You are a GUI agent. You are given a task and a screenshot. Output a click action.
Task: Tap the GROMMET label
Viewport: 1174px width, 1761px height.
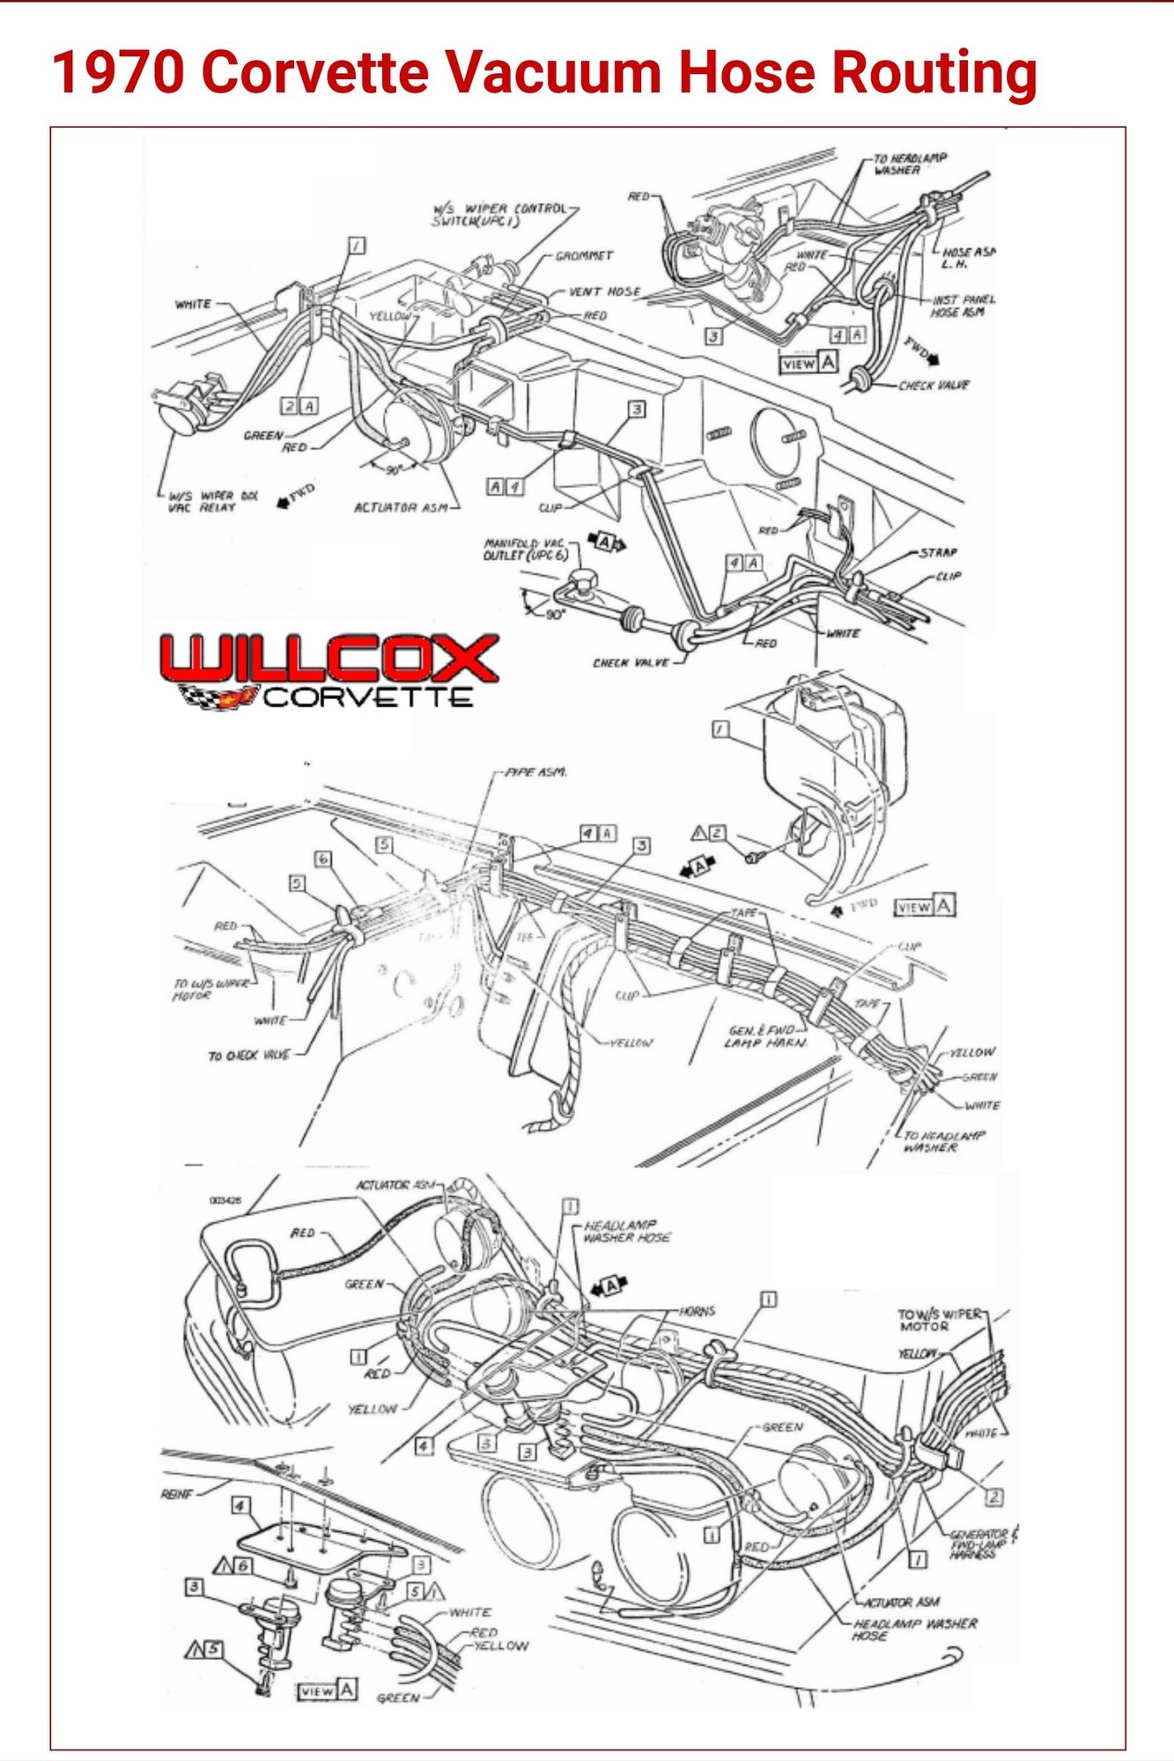(584, 256)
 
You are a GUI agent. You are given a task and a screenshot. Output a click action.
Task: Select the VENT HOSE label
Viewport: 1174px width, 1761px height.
(604, 292)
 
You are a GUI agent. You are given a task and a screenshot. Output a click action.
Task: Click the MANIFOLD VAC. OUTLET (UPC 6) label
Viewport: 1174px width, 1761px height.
(525, 549)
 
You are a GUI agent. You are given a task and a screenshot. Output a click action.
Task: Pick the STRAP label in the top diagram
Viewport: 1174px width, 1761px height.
(938, 553)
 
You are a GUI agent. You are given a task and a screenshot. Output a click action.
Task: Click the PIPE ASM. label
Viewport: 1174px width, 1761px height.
(535, 772)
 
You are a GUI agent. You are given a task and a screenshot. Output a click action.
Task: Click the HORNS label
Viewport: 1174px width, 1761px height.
(698, 1311)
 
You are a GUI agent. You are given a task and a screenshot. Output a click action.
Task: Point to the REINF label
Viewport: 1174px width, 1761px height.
(177, 1494)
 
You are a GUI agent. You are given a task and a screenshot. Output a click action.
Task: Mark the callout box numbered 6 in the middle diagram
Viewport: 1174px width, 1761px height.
(323, 858)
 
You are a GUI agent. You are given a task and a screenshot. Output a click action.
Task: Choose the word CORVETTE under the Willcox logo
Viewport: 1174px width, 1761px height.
(368, 698)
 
